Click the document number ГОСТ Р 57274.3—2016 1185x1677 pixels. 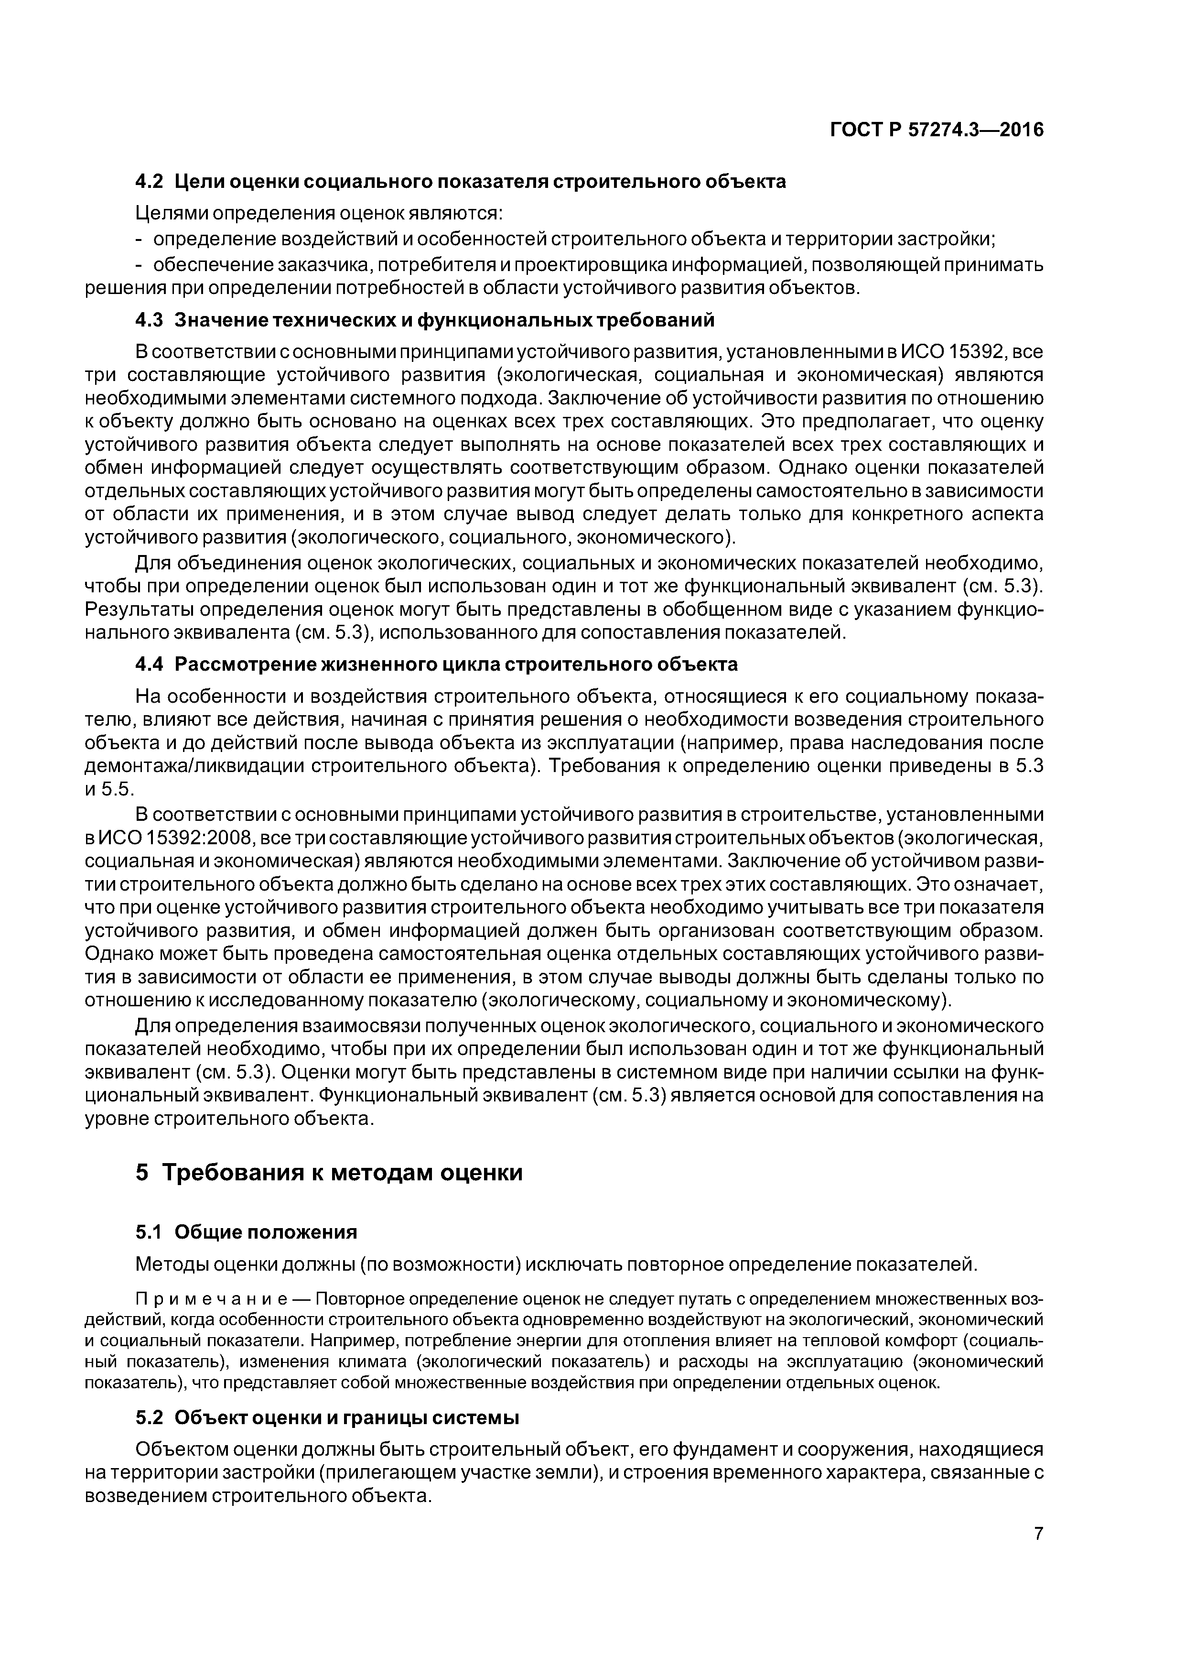[x=937, y=130]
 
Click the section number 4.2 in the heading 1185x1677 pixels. [x=151, y=181]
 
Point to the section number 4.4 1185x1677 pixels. [x=151, y=664]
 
